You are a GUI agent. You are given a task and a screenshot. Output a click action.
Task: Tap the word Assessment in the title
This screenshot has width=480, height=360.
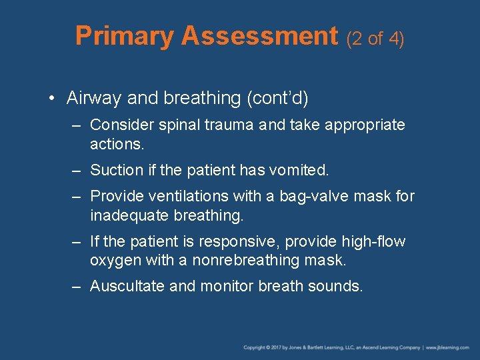[x=260, y=36]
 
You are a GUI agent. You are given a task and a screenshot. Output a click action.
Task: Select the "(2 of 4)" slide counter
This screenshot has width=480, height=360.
[x=375, y=39]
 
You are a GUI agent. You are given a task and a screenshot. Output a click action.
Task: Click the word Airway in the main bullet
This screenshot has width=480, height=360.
[x=94, y=99]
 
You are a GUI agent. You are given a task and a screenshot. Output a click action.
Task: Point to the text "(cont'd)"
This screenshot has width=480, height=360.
[x=277, y=99]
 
